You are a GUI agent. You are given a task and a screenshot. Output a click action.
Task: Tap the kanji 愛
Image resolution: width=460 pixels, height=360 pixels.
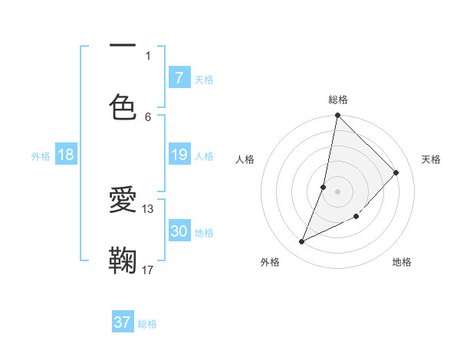pyautogui.click(x=123, y=200)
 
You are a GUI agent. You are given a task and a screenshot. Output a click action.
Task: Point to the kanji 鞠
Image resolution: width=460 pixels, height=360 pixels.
pyautogui.click(x=123, y=259)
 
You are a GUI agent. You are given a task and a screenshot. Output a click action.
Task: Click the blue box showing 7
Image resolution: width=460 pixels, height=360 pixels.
pyautogui.click(x=179, y=77)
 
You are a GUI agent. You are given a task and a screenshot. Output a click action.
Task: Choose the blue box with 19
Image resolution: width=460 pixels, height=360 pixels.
pyautogui.click(x=179, y=155)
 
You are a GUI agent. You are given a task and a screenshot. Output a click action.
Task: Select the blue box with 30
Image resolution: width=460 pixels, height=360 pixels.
pyautogui.click(x=179, y=231)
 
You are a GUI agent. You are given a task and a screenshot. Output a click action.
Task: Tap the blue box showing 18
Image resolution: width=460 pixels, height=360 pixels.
pyautogui.click(x=66, y=155)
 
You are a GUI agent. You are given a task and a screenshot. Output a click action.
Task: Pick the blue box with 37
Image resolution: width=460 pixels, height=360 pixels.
pyautogui.click(x=123, y=322)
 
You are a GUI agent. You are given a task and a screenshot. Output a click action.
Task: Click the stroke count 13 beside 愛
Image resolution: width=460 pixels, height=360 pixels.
pyautogui.click(x=148, y=208)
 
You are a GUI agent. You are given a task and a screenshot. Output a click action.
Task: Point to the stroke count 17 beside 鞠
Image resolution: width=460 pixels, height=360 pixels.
pyautogui.click(x=148, y=270)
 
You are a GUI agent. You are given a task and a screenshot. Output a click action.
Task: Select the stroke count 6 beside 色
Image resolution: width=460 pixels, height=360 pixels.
pyautogui.click(x=148, y=116)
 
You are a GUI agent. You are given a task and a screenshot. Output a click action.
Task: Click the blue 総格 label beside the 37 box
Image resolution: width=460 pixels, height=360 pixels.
pyautogui.click(x=147, y=324)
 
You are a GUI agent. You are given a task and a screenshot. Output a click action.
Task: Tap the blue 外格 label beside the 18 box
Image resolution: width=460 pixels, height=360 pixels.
pyautogui.click(x=41, y=156)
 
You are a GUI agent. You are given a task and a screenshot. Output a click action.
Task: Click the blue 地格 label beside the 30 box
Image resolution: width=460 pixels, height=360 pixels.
pyautogui.click(x=204, y=233)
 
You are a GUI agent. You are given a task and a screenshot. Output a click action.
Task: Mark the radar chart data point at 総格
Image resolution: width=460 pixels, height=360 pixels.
pyautogui.click(x=337, y=116)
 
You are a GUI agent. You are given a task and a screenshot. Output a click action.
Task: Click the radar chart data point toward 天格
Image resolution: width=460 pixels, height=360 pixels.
pyautogui.click(x=396, y=173)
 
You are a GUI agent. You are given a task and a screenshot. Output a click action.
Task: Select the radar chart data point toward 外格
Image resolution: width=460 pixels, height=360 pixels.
pyautogui.click(x=302, y=241)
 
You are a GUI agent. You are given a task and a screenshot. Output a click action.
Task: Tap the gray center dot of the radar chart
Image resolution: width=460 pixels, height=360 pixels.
pyautogui.click(x=337, y=191)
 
